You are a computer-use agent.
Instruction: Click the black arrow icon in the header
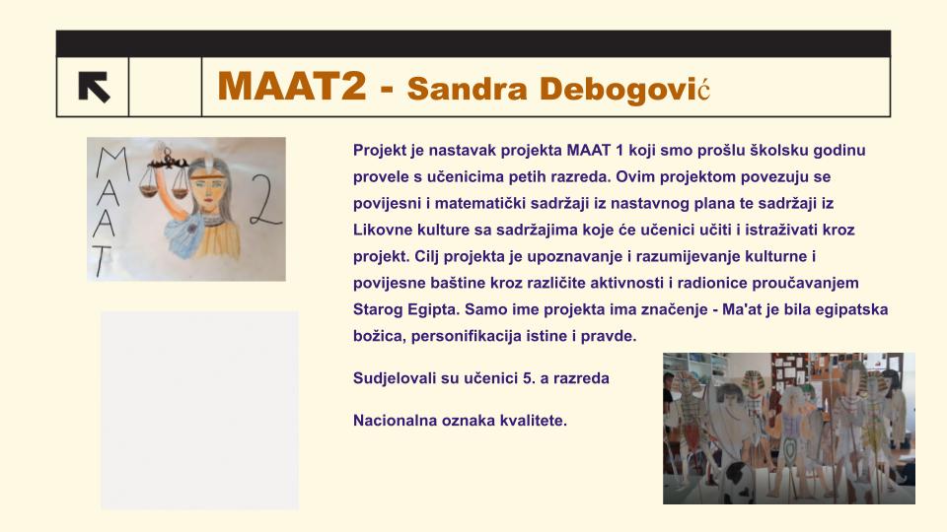click(95, 87)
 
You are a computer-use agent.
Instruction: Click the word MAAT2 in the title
click(292, 87)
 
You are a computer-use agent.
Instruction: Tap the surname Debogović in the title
click(624, 90)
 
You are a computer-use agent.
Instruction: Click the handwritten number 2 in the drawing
click(264, 200)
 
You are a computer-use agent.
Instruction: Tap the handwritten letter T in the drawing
click(102, 260)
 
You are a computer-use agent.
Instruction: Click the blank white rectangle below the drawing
click(199, 410)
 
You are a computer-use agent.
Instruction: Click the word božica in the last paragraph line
click(380, 336)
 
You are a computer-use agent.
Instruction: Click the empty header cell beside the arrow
click(165, 87)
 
